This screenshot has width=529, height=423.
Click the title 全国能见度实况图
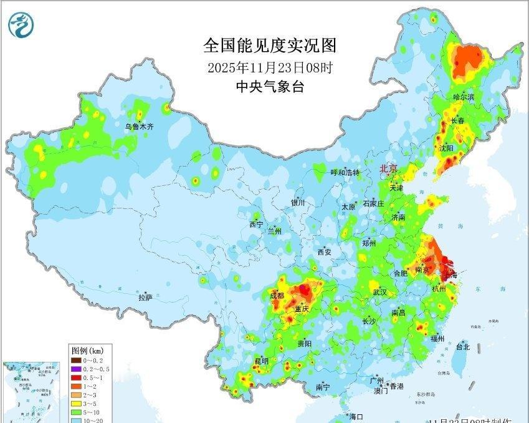tap(269, 46)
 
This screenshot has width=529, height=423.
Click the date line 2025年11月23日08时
tap(270, 67)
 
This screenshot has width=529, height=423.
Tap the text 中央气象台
tap(270, 87)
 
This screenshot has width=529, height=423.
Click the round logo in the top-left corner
tap(22, 25)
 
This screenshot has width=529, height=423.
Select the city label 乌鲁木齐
tap(138, 127)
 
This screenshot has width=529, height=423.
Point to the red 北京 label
tap(389, 168)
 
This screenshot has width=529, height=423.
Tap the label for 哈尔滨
tap(463, 97)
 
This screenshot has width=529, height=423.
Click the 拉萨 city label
tap(145, 298)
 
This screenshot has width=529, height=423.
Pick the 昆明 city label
tap(261, 361)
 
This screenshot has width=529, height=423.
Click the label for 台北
tap(462, 346)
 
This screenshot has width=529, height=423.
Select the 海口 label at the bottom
tap(356, 416)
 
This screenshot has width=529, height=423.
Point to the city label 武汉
tap(379, 293)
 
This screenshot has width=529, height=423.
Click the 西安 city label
tap(325, 252)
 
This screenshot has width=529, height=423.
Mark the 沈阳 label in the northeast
tap(446, 148)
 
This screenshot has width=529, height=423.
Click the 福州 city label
tap(437, 339)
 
